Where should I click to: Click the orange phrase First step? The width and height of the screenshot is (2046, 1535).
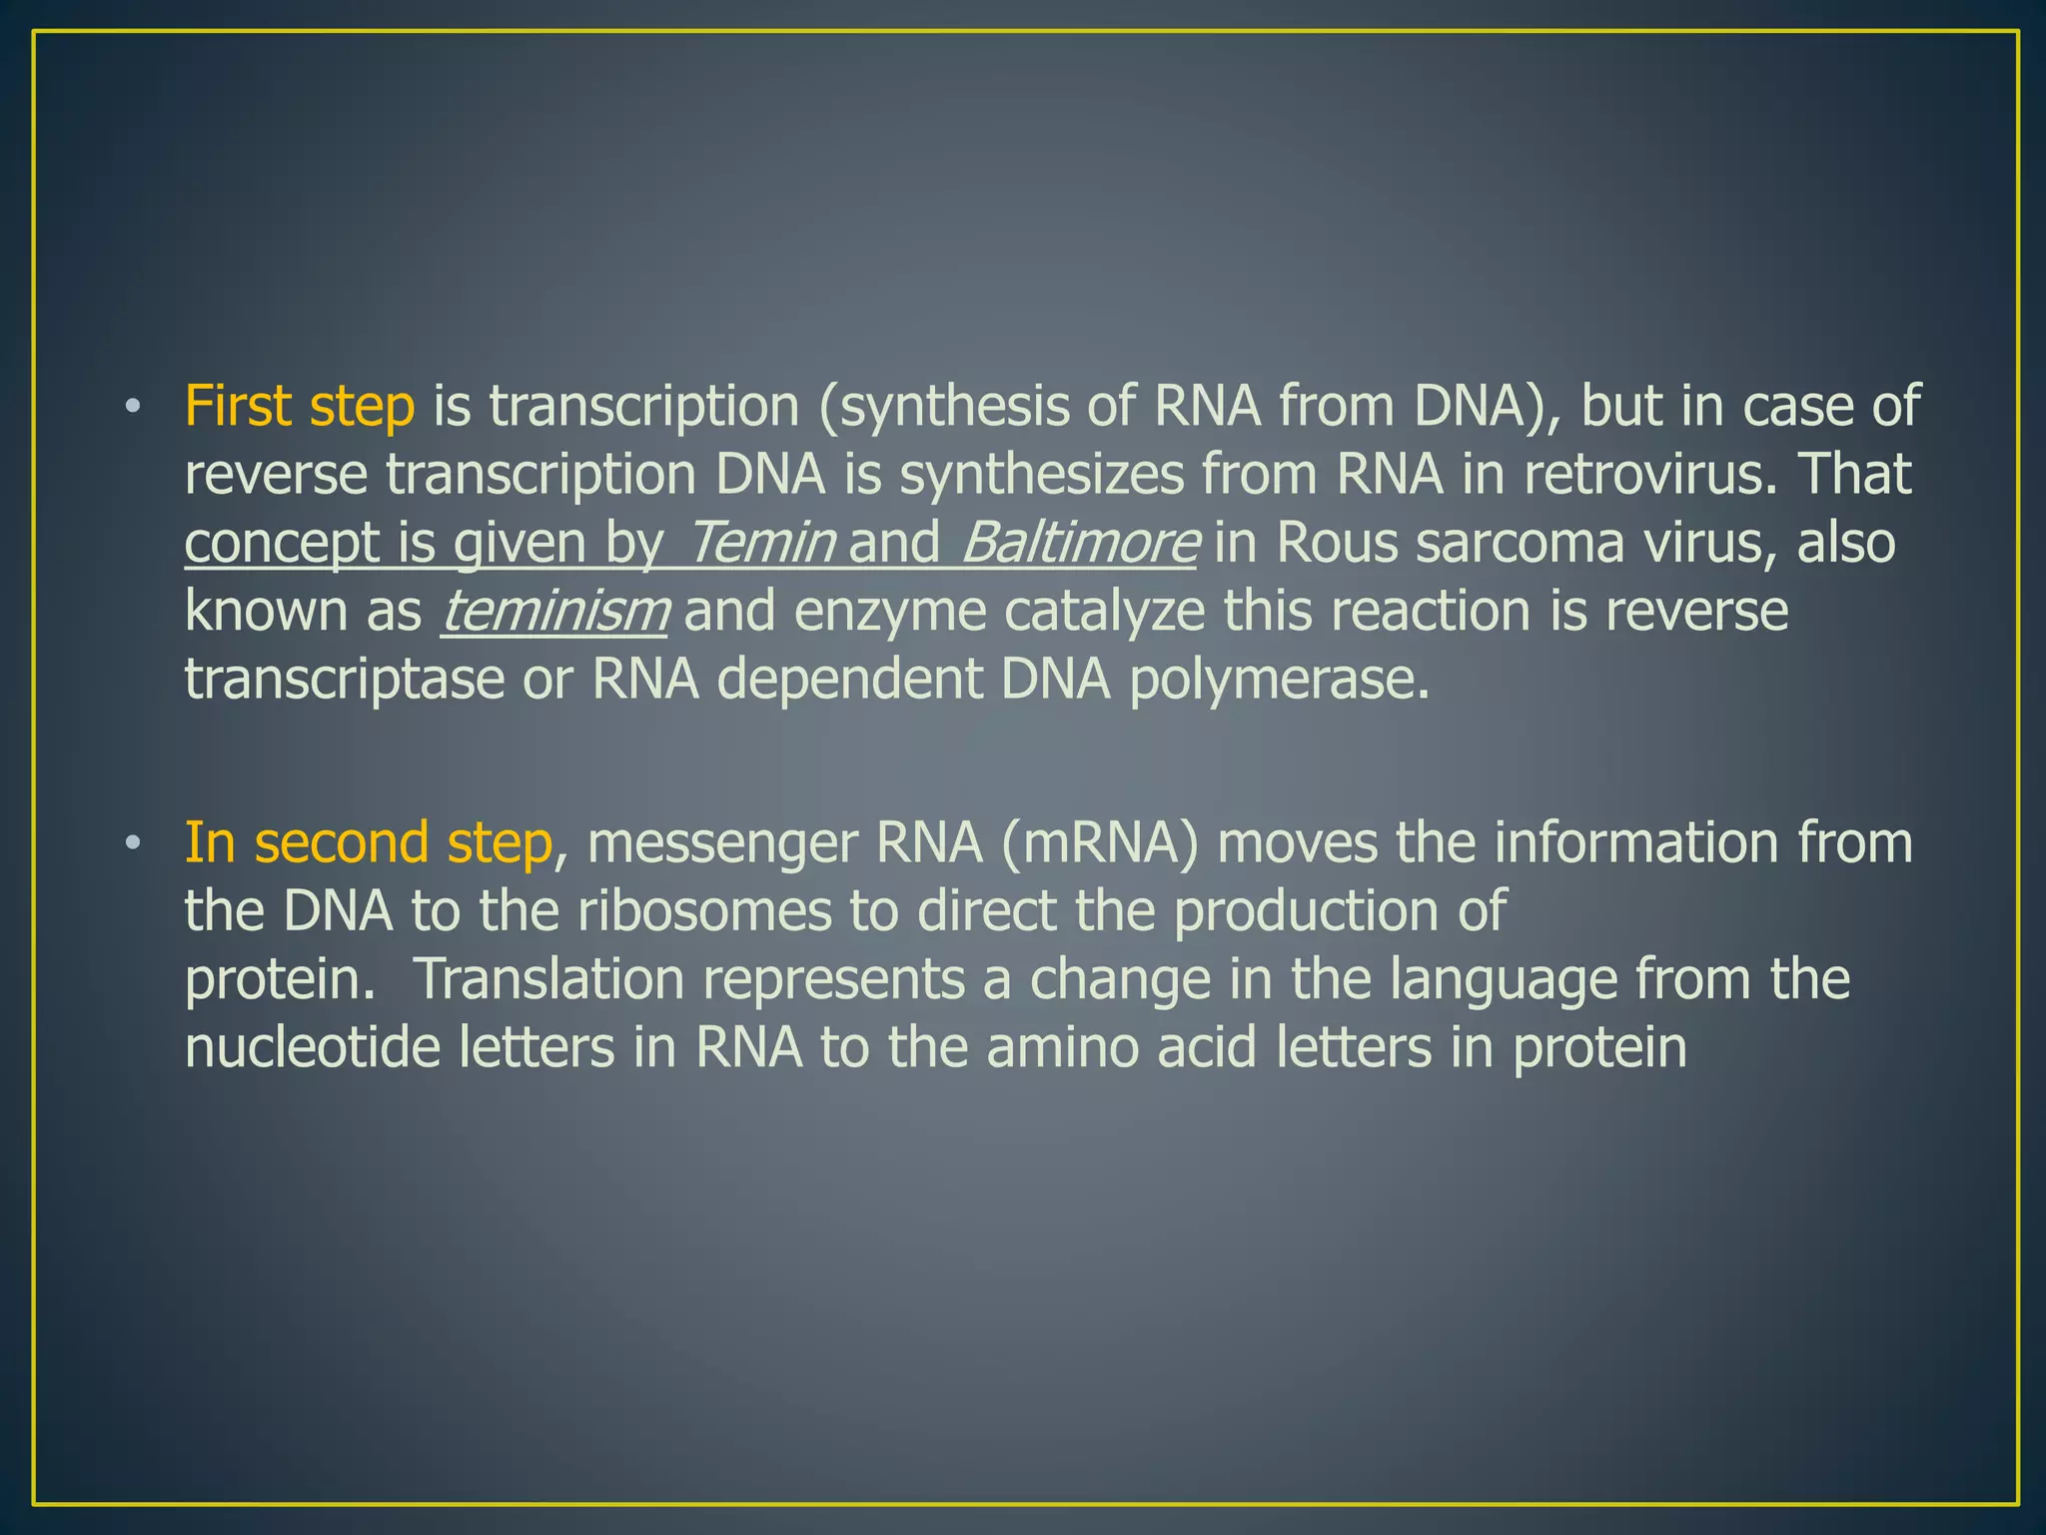pos(299,407)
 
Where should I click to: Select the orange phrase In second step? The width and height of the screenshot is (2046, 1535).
pos(368,842)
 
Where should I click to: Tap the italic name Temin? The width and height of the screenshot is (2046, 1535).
pos(761,543)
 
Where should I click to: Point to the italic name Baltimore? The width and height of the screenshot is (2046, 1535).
pos(1079,543)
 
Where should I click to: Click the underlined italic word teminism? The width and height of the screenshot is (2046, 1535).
pos(555,611)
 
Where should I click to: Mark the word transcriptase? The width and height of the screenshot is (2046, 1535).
pos(345,680)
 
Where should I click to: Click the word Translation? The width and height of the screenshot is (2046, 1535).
pos(547,978)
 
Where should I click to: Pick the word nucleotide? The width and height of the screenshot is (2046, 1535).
pos(313,1046)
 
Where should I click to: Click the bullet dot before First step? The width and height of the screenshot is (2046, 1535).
pos(132,408)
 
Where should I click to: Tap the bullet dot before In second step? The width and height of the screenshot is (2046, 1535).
pos(132,843)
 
